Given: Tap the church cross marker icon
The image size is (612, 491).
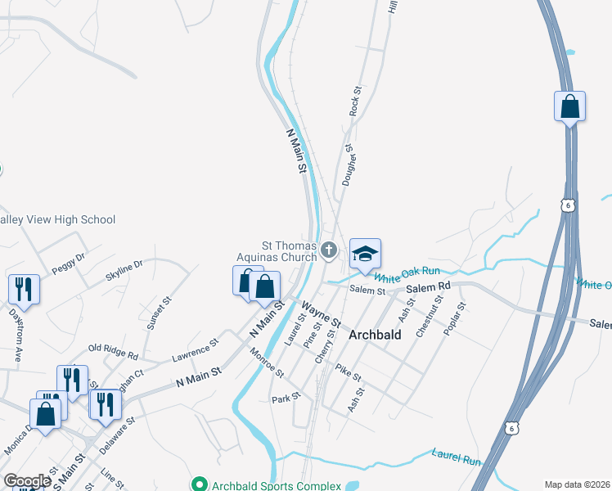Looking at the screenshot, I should [x=329, y=250].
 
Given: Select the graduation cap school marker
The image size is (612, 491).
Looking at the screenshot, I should [x=365, y=253].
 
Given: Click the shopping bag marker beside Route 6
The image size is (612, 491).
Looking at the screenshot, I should [x=569, y=107].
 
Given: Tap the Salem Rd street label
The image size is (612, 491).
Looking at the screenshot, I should [x=433, y=286].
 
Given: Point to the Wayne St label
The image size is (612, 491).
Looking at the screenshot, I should [x=318, y=313].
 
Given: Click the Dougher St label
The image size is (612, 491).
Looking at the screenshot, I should [x=347, y=166].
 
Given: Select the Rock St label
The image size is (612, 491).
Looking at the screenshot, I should [x=355, y=101].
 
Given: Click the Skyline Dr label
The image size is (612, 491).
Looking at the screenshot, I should [x=124, y=271].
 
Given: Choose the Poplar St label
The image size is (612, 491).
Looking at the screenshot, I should [x=455, y=318].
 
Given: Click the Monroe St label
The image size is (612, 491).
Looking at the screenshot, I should [x=267, y=363].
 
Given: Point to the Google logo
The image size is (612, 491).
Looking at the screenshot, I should [x=26, y=481].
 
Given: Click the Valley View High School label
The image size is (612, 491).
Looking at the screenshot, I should [x=57, y=219].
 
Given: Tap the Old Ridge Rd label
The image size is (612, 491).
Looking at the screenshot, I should [x=113, y=353].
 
